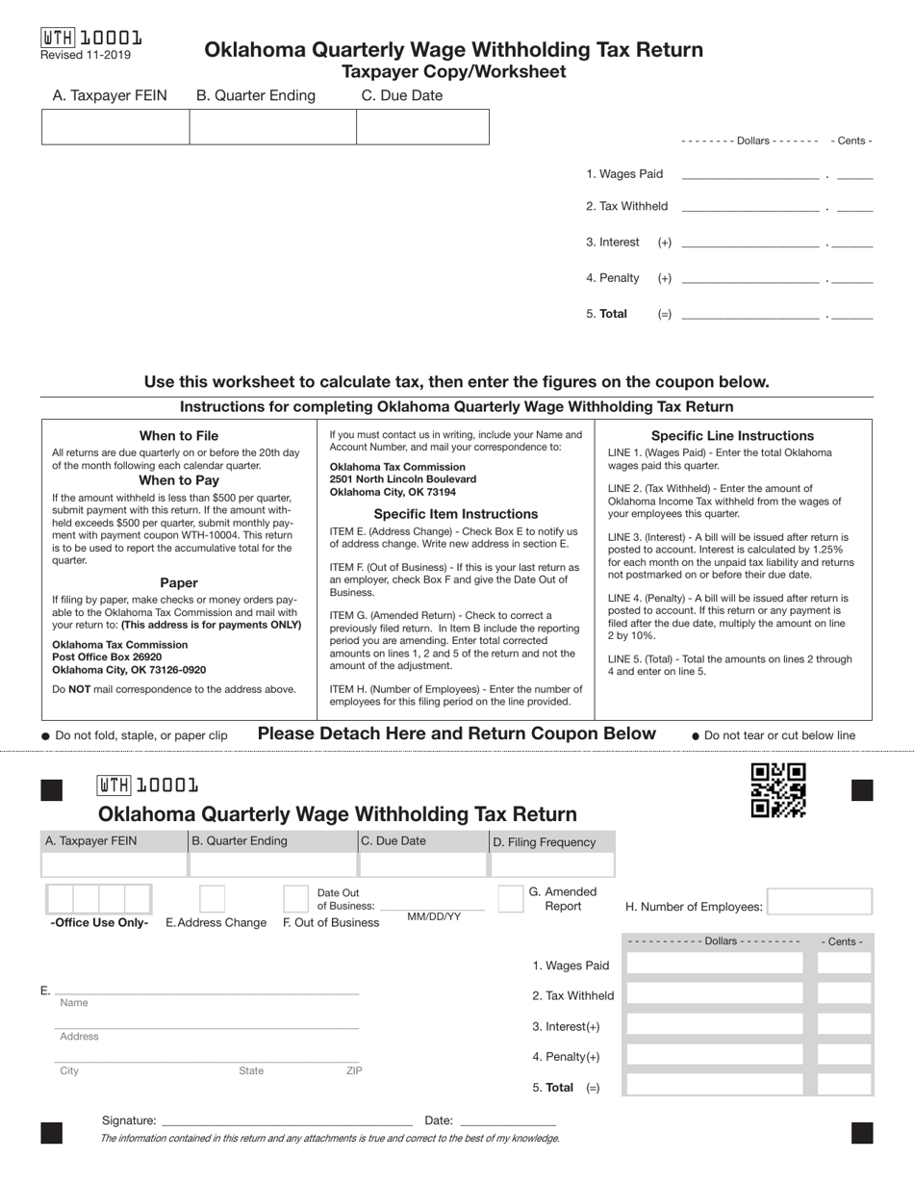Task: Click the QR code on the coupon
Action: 778,790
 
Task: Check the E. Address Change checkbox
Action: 212,899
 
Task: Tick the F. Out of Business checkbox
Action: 295,899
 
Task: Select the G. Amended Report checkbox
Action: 511,898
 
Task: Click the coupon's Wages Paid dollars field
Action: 714,965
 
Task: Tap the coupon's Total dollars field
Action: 714,1087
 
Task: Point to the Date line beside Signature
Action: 508,1121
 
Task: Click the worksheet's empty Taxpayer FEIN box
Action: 115,127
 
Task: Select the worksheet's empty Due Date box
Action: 422,127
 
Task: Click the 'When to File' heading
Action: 179,436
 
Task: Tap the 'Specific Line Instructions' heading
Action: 732,436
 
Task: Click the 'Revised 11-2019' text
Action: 86,55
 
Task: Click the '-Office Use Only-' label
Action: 99,922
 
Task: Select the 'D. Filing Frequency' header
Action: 545,842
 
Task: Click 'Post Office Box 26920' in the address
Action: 107,657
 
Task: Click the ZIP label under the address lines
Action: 354,1070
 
